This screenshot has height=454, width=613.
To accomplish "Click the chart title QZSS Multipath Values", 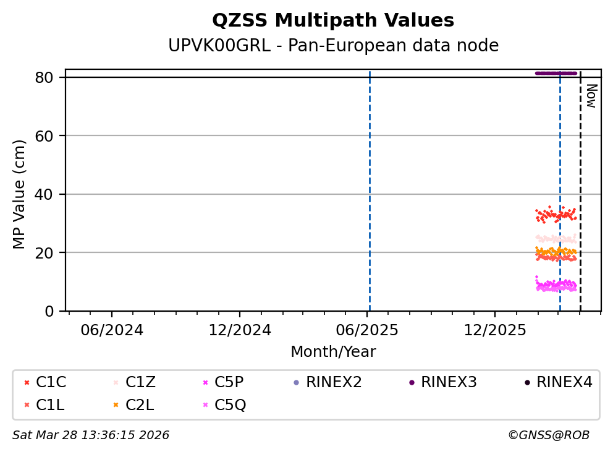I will pyautogui.click(x=333, y=21).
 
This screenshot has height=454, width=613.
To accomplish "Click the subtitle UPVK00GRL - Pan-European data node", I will pyautogui.click(x=333, y=46).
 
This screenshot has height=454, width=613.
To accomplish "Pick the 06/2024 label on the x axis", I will pyautogui.click(x=112, y=330).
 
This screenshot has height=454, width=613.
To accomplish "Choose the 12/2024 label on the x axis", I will pyautogui.click(x=240, y=330).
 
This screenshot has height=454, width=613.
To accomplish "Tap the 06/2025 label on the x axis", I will pyautogui.click(x=367, y=330).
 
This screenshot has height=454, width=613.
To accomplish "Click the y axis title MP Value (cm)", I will pyautogui.click(x=20, y=194).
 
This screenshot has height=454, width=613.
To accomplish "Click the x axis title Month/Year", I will pyautogui.click(x=333, y=352).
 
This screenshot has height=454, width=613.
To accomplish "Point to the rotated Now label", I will pyautogui.click(x=591, y=96).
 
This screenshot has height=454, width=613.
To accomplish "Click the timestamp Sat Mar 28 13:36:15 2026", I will pyautogui.click(x=91, y=435).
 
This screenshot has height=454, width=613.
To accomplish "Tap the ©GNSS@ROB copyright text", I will pyautogui.click(x=548, y=435).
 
